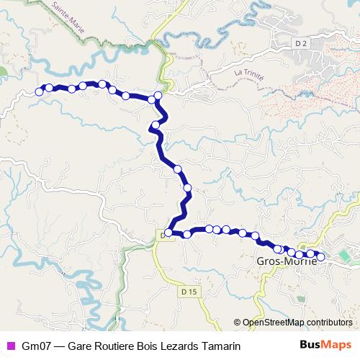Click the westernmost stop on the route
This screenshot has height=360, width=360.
click(x=39, y=91)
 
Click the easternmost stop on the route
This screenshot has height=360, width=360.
click(x=321, y=256)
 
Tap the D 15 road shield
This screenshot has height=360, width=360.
click(x=189, y=291)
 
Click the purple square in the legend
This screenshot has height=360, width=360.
click(x=10, y=345)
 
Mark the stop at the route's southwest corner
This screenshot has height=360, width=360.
click(x=168, y=233)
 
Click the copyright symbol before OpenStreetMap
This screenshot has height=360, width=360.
click(x=237, y=323)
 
